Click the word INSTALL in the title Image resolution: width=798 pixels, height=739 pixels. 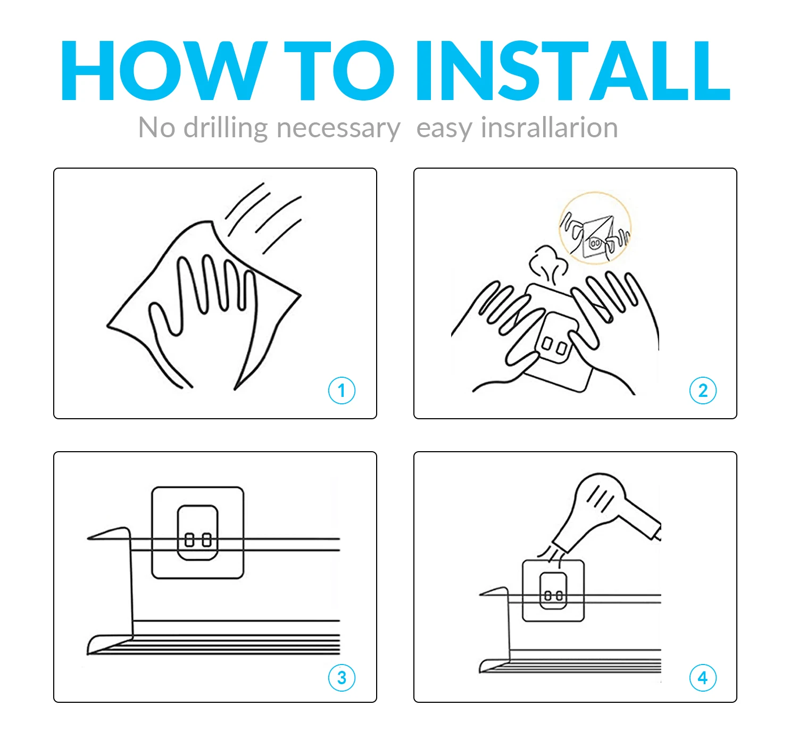point(573,70)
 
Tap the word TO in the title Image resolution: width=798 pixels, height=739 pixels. point(339,70)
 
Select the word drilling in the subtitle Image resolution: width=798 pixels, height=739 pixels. point(226,128)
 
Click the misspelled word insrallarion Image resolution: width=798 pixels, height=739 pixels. point(549,127)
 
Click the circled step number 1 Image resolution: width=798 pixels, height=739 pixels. point(342,390)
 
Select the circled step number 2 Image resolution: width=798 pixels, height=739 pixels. point(703,390)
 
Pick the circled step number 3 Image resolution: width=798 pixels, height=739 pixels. point(342,678)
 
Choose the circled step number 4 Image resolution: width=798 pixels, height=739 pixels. point(703,678)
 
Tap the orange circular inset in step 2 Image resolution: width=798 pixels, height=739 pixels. point(595,228)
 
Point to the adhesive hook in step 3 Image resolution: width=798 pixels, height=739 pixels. point(198,533)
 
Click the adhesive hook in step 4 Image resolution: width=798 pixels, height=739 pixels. point(553,591)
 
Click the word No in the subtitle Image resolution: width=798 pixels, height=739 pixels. point(157,128)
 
